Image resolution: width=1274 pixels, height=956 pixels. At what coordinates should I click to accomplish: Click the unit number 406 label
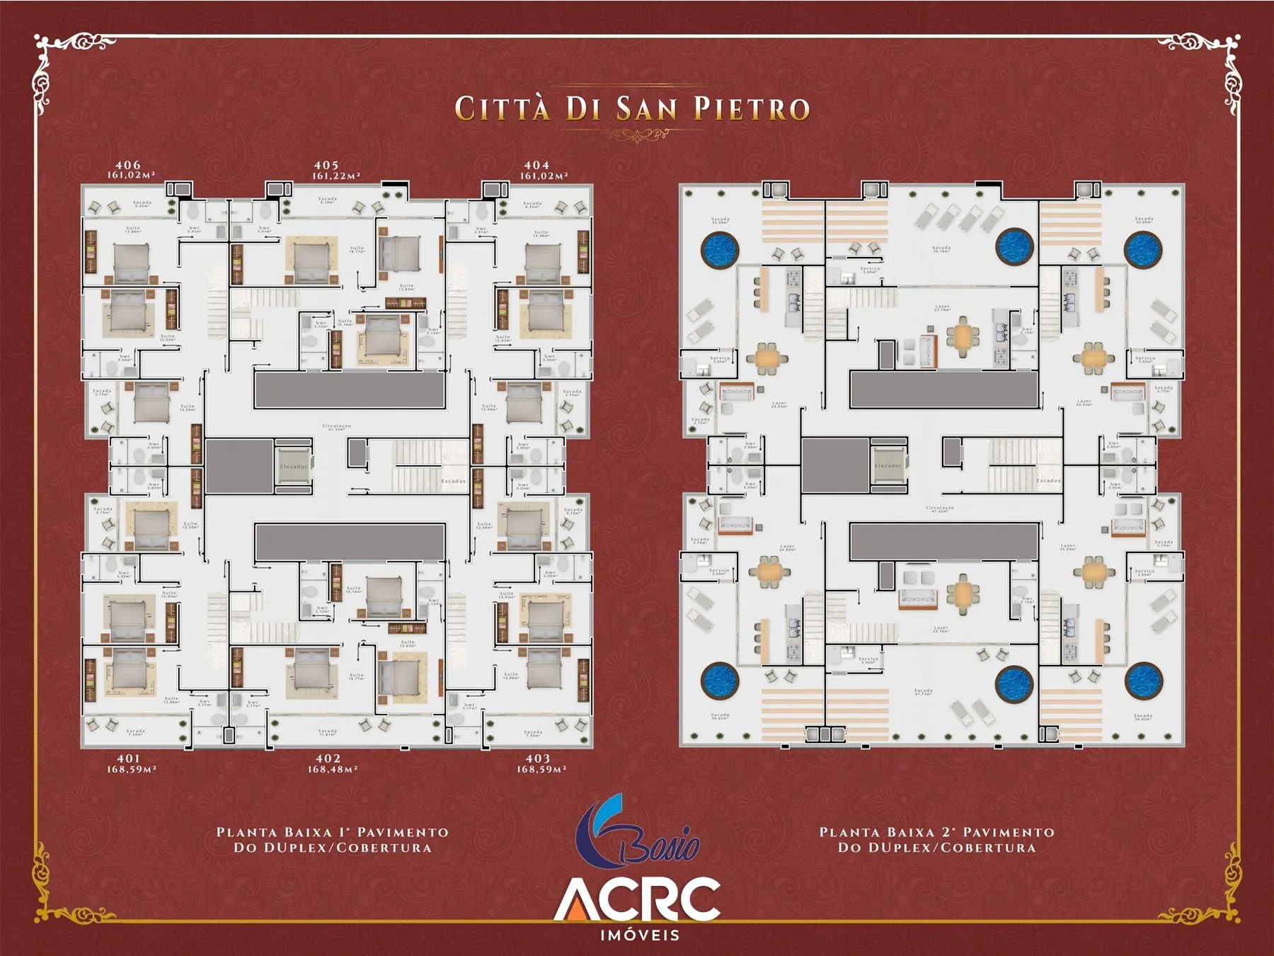[128, 165]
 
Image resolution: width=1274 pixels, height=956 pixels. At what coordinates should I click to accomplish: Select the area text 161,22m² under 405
[337, 176]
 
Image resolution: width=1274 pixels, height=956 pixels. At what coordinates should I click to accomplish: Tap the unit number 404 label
[536, 165]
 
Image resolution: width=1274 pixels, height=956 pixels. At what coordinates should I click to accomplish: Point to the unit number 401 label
[129, 758]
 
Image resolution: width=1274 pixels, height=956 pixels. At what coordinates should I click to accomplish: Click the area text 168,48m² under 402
[332, 769]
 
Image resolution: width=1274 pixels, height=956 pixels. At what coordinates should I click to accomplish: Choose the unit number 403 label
[538, 758]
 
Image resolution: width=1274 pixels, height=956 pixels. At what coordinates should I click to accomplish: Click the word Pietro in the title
[751, 109]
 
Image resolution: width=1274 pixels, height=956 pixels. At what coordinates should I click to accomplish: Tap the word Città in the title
[502, 109]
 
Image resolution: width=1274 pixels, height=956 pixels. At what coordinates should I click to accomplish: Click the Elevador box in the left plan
[293, 466]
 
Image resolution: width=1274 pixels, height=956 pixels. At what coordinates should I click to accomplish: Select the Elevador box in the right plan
[888, 465]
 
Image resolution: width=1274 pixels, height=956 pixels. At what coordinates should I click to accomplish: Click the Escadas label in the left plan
[454, 481]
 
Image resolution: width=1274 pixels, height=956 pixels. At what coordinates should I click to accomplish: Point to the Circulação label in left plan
[336, 427]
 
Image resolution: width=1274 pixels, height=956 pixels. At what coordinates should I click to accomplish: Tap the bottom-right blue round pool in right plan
[1144, 681]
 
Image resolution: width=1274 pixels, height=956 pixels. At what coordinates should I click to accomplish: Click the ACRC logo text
[637, 899]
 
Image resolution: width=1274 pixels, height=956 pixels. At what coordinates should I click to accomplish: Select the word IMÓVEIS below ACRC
[640, 935]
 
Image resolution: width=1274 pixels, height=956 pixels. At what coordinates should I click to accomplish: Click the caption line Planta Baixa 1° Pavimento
[333, 832]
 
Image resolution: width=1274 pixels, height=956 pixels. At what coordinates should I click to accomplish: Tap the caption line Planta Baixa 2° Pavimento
[936, 832]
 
